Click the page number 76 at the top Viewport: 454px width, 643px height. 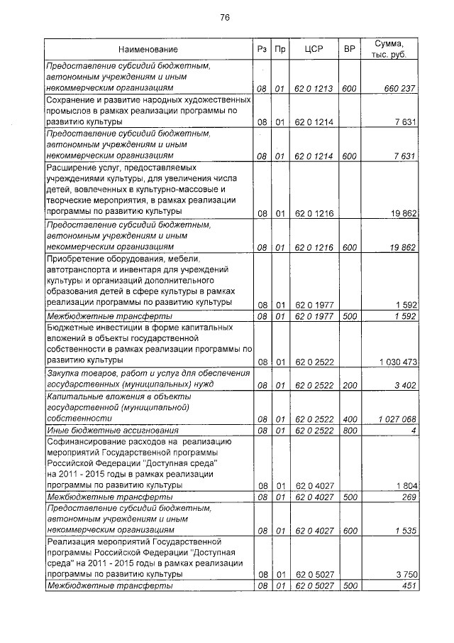(x=225, y=17)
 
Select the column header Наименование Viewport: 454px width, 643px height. (x=148, y=50)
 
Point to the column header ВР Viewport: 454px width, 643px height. (x=349, y=50)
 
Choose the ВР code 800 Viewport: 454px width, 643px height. (x=349, y=431)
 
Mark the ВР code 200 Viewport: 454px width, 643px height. (x=349, y=385)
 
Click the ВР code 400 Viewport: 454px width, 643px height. (x=349, y=419)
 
